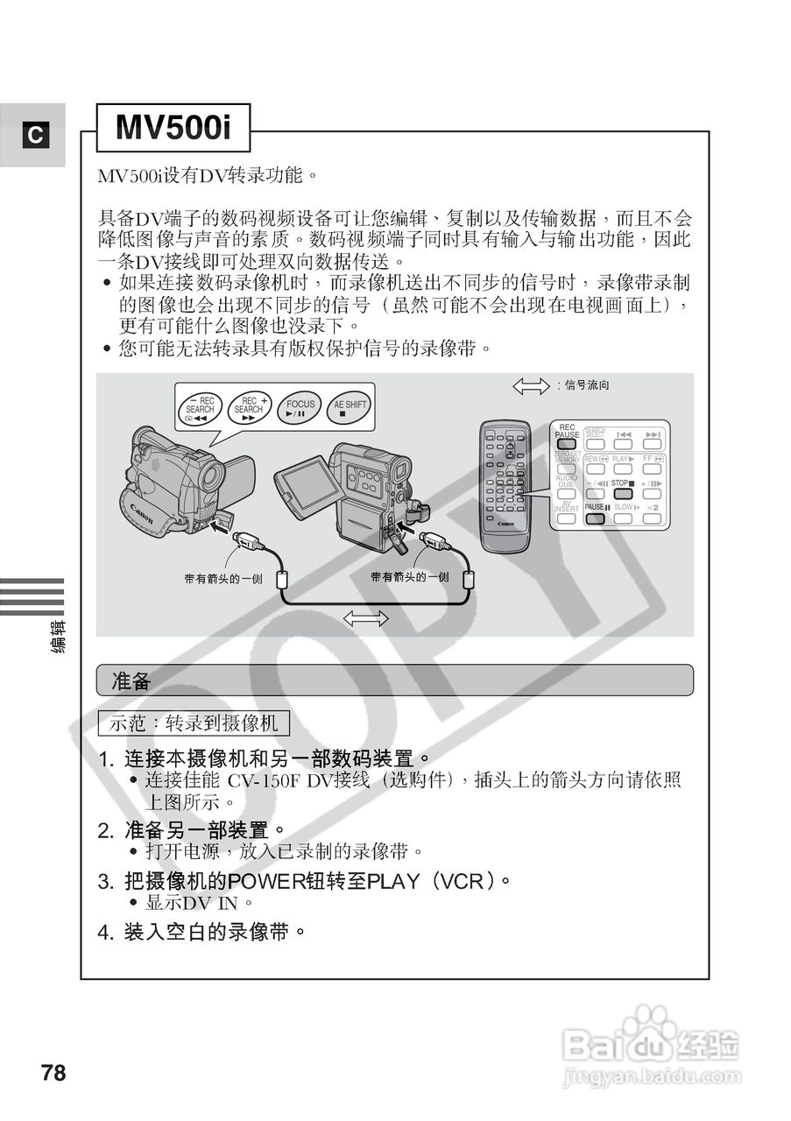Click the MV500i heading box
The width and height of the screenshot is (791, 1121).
(x=173, y=129)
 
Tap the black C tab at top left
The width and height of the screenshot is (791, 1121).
(x=34, y=135)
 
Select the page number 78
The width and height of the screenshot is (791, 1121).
(x=53, y=1073)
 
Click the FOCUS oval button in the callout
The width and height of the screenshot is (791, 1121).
(x=300, y=408)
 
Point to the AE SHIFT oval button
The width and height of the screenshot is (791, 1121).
(x=350, y=408)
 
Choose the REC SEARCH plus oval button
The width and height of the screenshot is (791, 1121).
(x=249, y=408)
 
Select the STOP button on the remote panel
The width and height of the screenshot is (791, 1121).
(x=623, y=492)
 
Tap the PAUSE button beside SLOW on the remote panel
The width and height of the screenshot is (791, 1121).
(x=596, y=518)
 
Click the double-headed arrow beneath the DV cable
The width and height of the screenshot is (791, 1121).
(x=366, y=618)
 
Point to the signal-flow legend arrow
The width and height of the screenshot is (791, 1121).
(x=530, y=385)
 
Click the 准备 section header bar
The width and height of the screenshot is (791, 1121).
(x=394, y=680)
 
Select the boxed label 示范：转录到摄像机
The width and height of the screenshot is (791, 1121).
(x=193, y=723)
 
